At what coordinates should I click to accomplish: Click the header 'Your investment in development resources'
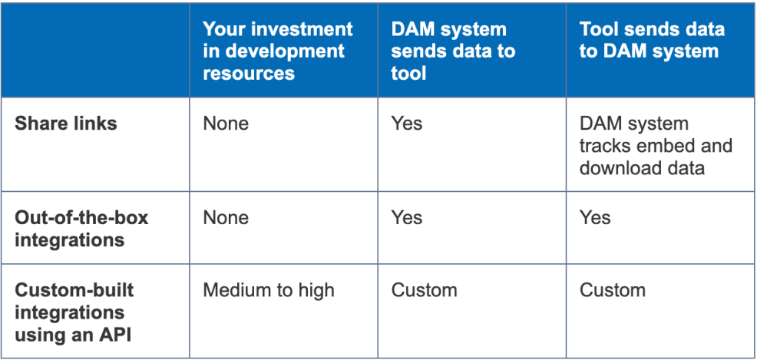click(x=277, y=51)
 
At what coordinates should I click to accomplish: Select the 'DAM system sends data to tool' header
click(x=453, y=51)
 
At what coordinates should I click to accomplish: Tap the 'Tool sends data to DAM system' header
click(x=651, y=41)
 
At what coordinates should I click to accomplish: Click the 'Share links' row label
click(x=66, y=124)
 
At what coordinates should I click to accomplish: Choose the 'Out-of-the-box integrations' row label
click(x=81, y=228)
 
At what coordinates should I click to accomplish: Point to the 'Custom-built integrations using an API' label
click(x=74, y=313)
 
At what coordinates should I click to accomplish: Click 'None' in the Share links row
click(x=226, y=124)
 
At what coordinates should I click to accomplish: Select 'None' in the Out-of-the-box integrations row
click(x=226, y=218)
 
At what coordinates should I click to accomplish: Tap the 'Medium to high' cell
click(x=269, y=291)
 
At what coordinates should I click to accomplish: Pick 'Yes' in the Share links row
click(x=406, y=124)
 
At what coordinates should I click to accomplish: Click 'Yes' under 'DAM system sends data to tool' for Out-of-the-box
click(x=406, y=218)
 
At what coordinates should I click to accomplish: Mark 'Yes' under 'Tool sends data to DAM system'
click(x=595, y=218)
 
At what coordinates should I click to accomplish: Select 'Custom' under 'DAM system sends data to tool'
click(x=424, y=291)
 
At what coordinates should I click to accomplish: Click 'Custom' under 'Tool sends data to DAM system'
click(x=612, y=291)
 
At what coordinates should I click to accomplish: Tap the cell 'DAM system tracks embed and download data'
click(x=655, y=146)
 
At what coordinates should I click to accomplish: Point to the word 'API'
click(x=117, y=335)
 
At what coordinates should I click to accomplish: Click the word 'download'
click(x=616, y=167)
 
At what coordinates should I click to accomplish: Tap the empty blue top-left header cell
click(x=95, y=51)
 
